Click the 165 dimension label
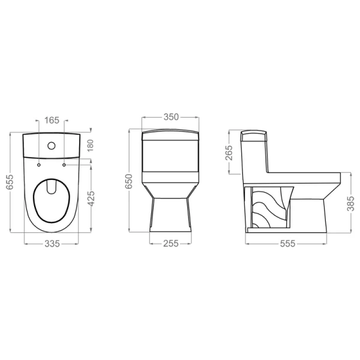52,120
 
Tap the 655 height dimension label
10,182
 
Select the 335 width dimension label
52,244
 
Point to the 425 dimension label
91,199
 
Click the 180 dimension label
90,145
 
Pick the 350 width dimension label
171,117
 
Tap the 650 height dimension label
129,181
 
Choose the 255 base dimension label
171,244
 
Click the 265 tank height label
229,152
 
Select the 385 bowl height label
350,203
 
